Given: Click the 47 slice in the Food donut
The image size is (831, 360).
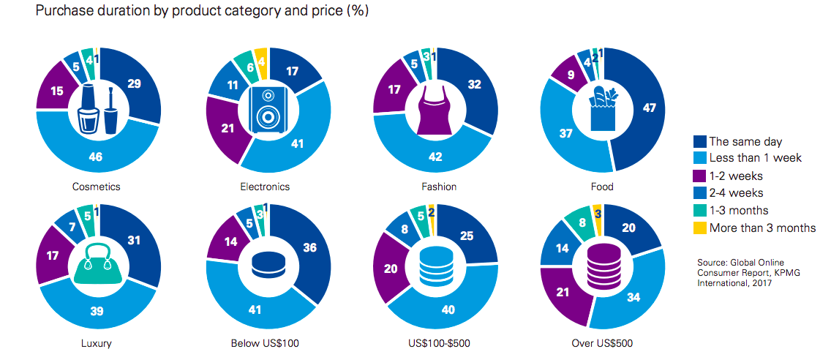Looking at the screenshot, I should tap(648, 108).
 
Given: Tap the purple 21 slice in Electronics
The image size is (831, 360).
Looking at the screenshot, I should tap(228, 129).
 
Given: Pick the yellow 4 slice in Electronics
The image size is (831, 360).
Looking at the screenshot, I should tap(260, 64).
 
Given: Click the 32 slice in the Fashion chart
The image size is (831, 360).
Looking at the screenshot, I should tap(473, 85).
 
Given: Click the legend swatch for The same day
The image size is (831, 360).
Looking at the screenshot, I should tap(699, 142).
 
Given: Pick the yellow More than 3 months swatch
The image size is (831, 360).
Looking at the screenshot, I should tap(699, 228).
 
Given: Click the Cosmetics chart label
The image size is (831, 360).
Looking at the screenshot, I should tap(97, 187).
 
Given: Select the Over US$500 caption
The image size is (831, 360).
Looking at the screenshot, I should tap(602, 342).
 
